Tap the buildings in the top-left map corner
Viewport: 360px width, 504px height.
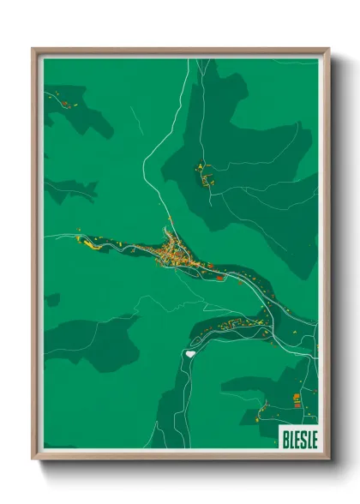tap(64, 105)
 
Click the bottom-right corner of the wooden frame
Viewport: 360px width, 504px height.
tap(327, 459)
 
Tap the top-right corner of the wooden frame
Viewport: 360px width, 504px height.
tap(327, 50)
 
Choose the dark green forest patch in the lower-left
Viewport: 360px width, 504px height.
tap(94, 339)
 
